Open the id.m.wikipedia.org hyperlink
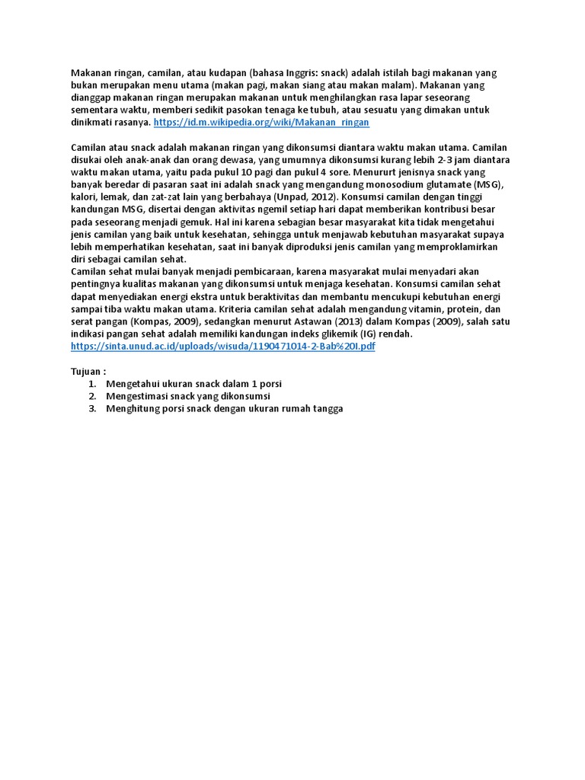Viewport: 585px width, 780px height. coord(261,122)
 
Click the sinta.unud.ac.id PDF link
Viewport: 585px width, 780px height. coord(222,346)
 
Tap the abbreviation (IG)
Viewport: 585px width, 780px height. coord(380,334)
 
